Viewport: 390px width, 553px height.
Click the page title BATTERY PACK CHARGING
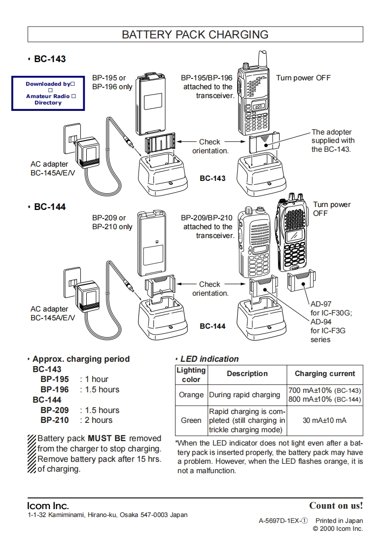195,35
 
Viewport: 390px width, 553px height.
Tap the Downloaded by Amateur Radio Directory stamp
48,93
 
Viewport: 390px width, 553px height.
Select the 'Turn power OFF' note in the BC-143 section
303,78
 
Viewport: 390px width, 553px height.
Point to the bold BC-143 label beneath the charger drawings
213,178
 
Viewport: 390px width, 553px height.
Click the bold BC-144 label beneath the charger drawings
213,326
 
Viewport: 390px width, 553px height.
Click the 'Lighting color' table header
191,375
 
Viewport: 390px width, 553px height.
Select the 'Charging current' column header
324,374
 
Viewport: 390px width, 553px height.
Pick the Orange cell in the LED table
191,395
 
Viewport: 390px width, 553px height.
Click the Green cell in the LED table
191,420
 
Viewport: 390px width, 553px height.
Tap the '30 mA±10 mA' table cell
324,420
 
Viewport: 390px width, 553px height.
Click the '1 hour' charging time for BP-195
97,380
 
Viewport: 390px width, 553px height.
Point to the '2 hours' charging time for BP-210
99,420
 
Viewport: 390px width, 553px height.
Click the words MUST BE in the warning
107,438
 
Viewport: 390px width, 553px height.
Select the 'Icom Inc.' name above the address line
48,506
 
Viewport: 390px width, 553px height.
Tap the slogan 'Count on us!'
336,506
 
